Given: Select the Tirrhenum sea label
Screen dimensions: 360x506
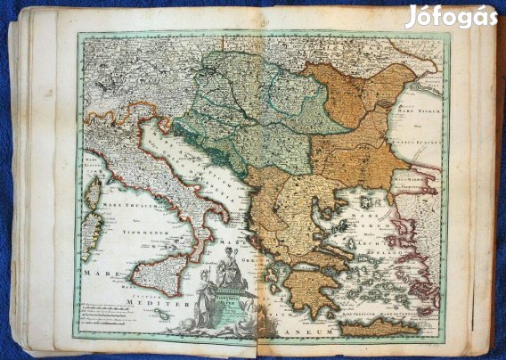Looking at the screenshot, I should pyautogui.click(x=132, y=228).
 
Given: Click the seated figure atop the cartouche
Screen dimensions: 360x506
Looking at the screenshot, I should pyautogui.click(x=233, y=272).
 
